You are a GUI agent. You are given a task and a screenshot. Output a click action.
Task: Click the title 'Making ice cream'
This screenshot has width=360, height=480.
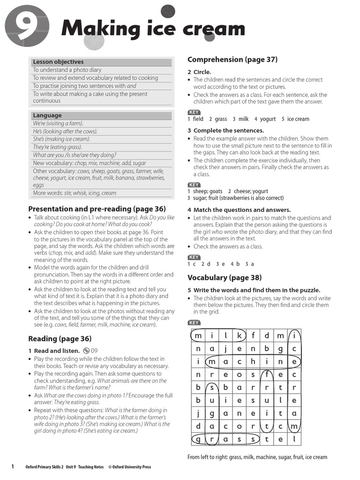pos(153,29)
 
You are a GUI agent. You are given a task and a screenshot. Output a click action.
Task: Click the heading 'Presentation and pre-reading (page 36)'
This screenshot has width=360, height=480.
pos(97,209)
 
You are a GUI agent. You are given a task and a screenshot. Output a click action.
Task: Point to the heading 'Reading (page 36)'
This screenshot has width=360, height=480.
pos(60,338)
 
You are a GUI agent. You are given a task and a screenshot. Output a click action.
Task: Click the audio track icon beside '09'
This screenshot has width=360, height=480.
pos(86,351)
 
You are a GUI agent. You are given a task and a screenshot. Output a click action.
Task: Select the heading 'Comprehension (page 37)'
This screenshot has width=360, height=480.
pos(232,60)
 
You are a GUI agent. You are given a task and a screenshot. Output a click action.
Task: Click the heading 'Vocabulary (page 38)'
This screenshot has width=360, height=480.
pos(225,277)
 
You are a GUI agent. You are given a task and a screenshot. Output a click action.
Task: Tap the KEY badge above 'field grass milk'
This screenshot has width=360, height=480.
pos(194,112)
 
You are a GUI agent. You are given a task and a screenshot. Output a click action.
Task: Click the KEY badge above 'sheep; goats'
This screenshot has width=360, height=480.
pos(194,185)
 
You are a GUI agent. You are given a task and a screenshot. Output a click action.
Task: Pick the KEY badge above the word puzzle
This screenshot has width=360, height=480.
pos(194,322)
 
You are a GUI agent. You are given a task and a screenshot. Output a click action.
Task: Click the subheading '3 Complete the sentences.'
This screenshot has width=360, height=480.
pos(225,130)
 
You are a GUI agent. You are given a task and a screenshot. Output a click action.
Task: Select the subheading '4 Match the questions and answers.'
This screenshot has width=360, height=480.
pos(239,210)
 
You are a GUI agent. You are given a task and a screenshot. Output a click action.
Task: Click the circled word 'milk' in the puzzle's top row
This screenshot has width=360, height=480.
pos(218,336)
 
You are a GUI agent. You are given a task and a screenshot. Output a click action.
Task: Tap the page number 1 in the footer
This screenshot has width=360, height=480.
pos(13,466)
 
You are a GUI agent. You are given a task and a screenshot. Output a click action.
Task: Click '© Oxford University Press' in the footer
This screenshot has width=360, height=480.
pos(129,467)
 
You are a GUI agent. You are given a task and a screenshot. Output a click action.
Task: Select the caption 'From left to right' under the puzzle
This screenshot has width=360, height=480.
pos(257,457)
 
